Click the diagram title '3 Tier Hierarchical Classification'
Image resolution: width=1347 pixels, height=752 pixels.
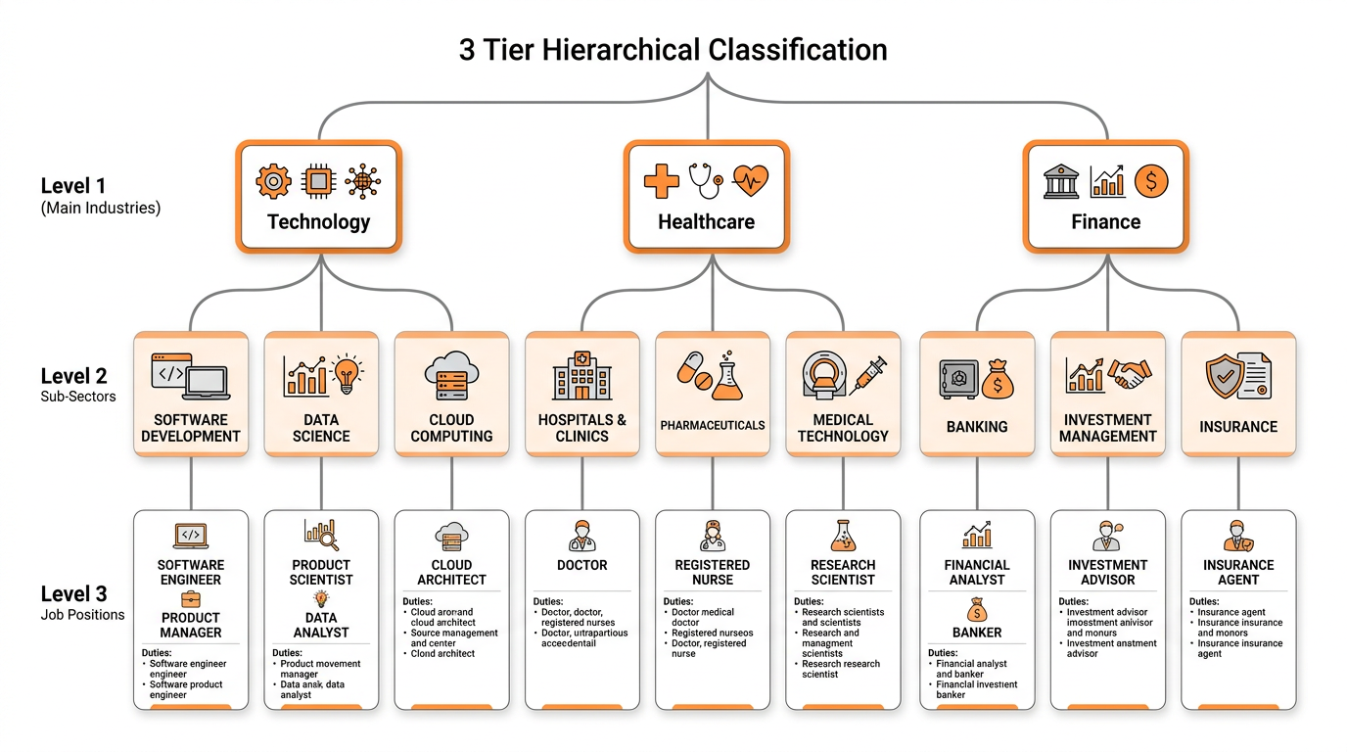(x=673, y=50)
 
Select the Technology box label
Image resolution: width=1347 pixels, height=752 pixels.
(x=319, y=222)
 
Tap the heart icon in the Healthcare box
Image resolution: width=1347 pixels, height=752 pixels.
(x=751, y=181)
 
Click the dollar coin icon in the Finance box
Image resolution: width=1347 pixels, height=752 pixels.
(x=1151, y=181)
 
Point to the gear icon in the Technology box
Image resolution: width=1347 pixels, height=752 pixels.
(x=273, y=181)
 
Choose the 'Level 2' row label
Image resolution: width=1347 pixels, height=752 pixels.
(x=73, y=376)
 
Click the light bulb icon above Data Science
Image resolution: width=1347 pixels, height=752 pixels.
(x=347, y=375)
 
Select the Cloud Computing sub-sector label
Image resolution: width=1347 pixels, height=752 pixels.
(x=451, y=428)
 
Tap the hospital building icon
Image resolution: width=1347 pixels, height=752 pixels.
(x=581, y=375)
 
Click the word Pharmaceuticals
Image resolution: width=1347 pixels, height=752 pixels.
(x=713, y=426)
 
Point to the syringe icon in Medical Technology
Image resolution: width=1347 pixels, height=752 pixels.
(x=868, y=373)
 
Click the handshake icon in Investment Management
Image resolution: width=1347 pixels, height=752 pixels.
(x=1130, y=373)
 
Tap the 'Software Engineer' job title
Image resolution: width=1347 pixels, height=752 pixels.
(x=191, y=572)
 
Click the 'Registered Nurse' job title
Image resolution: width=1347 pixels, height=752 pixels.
(x=713, y=572)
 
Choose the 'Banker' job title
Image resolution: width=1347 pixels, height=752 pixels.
(x=977, y=633)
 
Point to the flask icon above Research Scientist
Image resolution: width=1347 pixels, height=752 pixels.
(x=843, y=535)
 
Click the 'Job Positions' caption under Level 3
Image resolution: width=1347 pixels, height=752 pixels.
(x=82, y=615)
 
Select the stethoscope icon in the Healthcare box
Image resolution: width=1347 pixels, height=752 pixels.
(x=704, y=179)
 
